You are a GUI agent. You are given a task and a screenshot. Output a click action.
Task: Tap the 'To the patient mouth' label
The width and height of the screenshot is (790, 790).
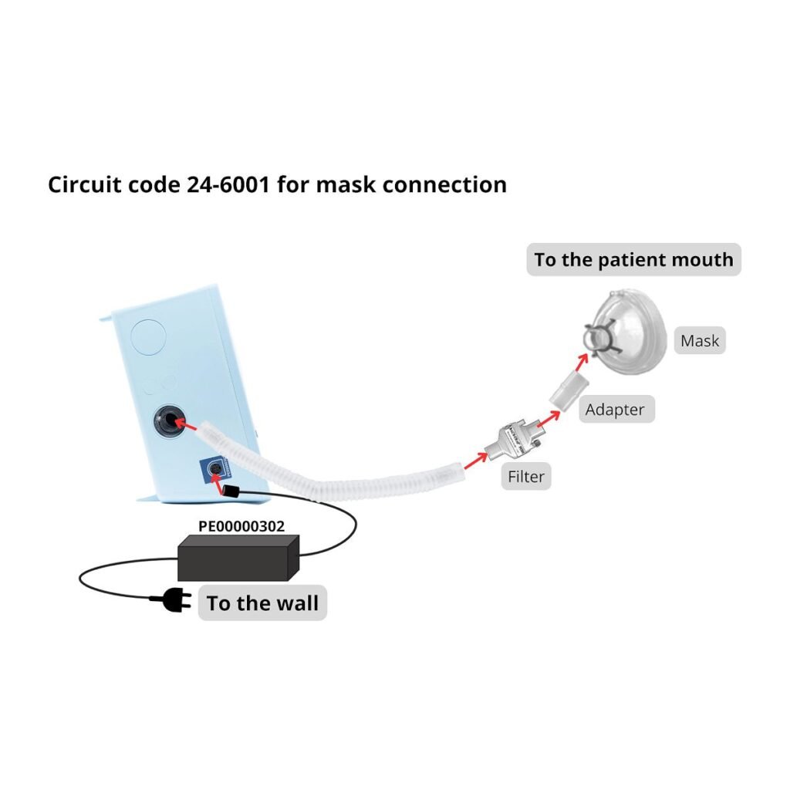[x=633, y=260]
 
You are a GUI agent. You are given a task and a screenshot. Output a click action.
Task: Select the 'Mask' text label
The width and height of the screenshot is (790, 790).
[x=700, y=340]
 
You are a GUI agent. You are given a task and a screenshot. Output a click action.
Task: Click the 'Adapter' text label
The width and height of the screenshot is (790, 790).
[x=615, y=409]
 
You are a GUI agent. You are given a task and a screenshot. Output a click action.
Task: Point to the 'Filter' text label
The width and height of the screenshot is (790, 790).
[x=525, y=477]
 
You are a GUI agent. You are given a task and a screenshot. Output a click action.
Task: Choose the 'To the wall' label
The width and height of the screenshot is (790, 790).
[x=262, y=603]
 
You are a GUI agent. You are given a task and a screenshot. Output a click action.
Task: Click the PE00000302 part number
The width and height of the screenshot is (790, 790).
[x=241, y=526]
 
